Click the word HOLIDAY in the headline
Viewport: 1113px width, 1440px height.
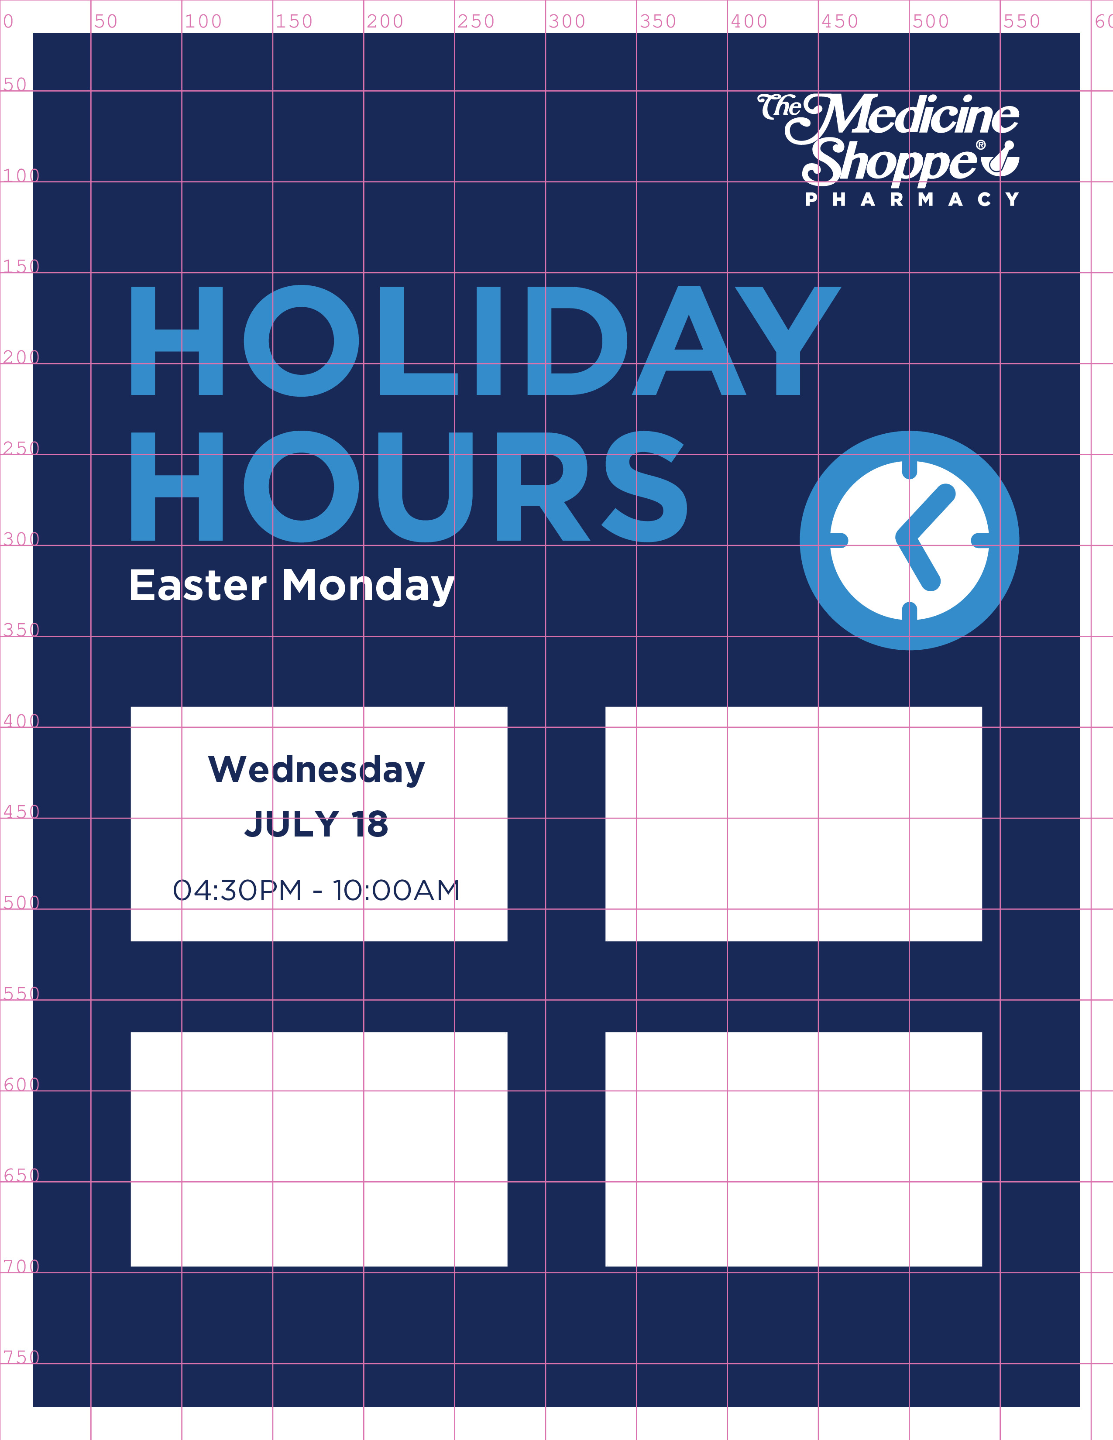(485, 341)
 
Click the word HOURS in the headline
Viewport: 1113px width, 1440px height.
(409, 487)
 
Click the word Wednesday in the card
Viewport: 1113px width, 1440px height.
(316, 769)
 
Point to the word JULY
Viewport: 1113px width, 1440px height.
(292, 824)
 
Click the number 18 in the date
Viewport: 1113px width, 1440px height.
(369, 824)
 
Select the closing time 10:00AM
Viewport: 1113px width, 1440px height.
(395, 890)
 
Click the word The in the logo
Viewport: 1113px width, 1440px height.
(780, 107)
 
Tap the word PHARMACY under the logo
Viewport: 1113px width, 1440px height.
(912, 199)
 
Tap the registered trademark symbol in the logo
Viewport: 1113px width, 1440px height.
(980, 144)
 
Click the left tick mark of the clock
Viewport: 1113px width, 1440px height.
(839, 541)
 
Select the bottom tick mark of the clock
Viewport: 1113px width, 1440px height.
(909, 612)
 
